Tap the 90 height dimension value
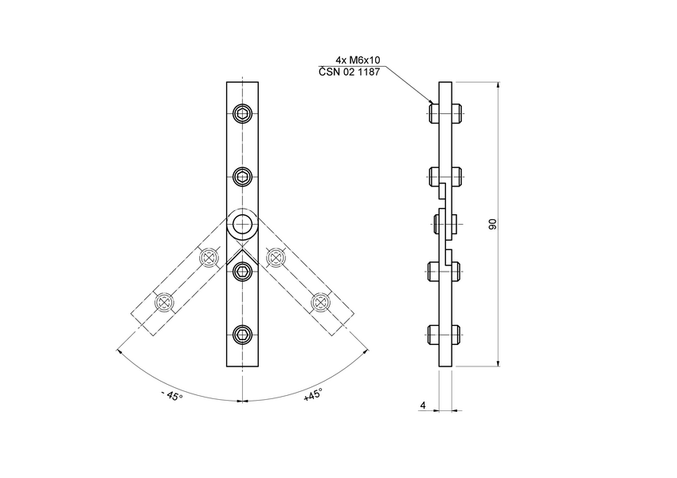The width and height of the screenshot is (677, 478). coord(492,225)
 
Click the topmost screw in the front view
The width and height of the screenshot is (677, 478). coord(243,114)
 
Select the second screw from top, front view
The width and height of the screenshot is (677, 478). coord(243,176)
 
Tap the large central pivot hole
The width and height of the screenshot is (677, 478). coord(243,225)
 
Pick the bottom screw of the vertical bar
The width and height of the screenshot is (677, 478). coord(243,335)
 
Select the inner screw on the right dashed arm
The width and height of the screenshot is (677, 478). coord(276,257)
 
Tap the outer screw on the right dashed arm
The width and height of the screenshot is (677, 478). coord(320,302)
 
